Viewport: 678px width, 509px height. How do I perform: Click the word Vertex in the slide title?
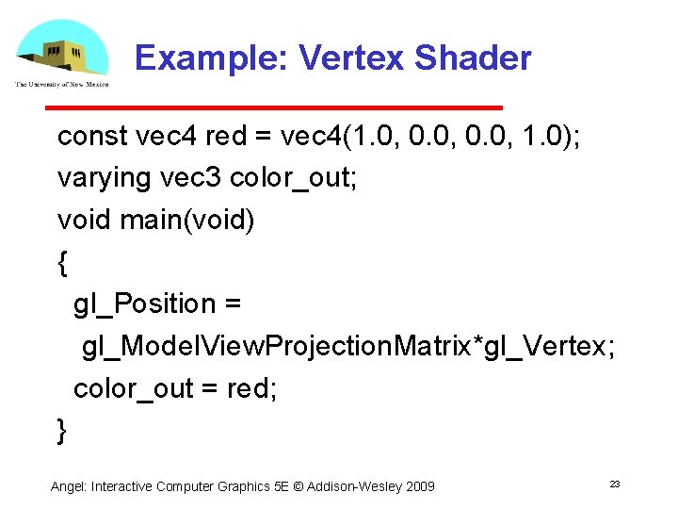pyautogui.click(x=352, y=58)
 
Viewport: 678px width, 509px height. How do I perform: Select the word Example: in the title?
pyautogui.click(x=211, y=58)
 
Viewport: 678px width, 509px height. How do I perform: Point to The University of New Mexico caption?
pyautogui.click(x=61, y=85)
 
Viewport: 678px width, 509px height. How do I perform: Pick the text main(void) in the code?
pyautogui.click(x=187, y=220)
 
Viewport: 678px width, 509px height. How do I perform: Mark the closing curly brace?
pyautogui.click(x=63, y=430)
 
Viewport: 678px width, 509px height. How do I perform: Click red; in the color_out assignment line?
pyautogui.click(x=252, y=387)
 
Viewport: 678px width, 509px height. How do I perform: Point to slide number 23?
pyautogui.click(x=614, y=484)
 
